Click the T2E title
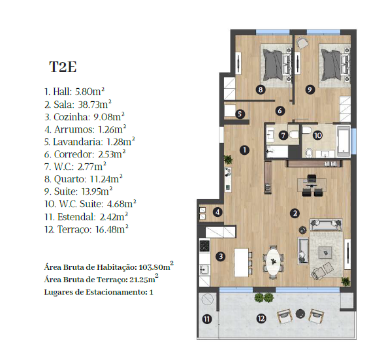click(x=63, y=67)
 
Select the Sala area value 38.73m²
click(x=95, y=104)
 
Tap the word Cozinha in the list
click(x=71, y=117)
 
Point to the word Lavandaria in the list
click(x=78, y=142)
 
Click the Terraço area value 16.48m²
click(x=112, y=229)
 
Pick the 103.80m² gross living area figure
click(x=156, y=267)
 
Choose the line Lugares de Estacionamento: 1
click(x=99, y=292)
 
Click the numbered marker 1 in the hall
click(x=244, y=150)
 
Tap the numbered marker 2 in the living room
click(x=295, y=213)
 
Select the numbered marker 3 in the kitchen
click(x=221, y=256)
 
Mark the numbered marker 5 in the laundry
click(x=240, y=114)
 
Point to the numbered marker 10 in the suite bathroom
click(x=317, y=135)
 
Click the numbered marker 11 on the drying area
click(x=207, y=319)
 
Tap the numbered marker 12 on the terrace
click(x=261, y=319)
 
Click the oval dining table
click(x=273, y=261)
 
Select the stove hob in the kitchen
click(x=204, y=246)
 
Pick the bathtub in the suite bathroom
click(x=344, y=142)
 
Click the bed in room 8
click(x=276, y=65)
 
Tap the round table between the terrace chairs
click(x=300, y=314)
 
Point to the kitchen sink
click(x=204, y=270)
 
